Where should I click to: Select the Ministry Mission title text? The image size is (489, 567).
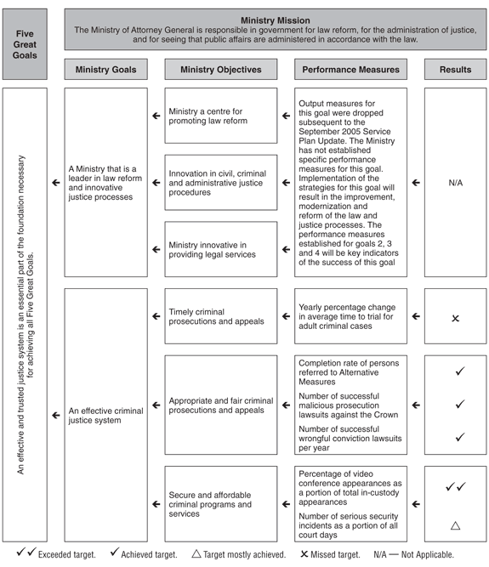click(x=275, y=18)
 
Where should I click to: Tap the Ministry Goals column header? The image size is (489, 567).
click(x=105, y=69)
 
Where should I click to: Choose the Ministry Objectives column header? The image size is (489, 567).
click(x=221, y=69)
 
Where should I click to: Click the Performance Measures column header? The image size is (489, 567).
click(x=351, y=69)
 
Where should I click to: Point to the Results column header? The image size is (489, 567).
click(x=456, y=69)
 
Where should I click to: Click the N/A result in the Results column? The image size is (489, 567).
click(x=456, y=182)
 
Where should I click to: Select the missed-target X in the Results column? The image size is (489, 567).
click(x=456, y=318)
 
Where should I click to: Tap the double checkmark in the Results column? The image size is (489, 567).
click(x=456, y=487)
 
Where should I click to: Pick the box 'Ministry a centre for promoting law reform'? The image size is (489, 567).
click(x=221, y=116)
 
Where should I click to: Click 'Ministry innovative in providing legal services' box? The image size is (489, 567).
click(x=221, y=249)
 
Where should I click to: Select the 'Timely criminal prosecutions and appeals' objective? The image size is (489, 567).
click(x=221, y=316)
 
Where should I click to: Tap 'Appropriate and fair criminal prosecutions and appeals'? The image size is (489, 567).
click(x=221, y=405)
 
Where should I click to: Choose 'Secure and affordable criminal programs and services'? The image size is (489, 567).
click(x=221, y=504)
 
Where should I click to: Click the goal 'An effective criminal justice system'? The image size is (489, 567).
click(x=105, y=416)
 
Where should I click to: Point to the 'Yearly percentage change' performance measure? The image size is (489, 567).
click(x=351, y=316)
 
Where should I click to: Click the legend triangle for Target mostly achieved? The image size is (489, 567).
click(x=196, y=554)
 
